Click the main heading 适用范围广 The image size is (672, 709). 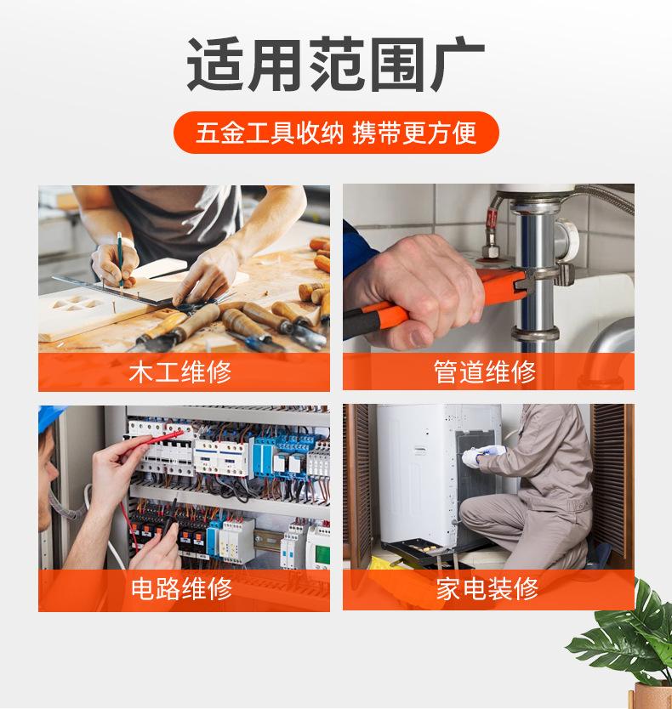point(335,64)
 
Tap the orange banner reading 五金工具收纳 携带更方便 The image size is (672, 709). point(336,133)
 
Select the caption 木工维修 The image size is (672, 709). point(180,372)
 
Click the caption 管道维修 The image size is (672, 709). point(485,372)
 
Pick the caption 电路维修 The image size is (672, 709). point(181,588)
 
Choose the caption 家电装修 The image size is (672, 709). point(487,588)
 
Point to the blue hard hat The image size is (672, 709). point(48,417)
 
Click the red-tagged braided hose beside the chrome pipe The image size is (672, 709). point(492,229)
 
